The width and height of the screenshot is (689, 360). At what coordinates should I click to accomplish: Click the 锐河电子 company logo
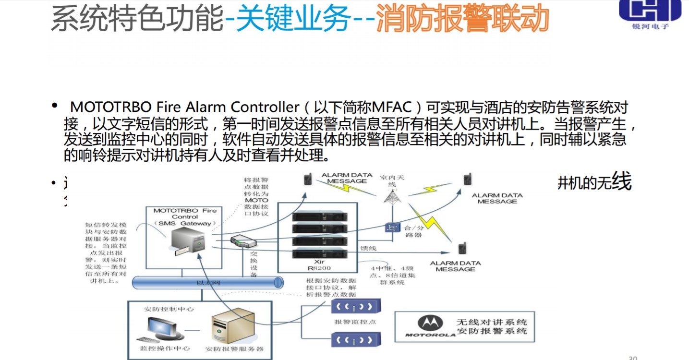coord(650,13)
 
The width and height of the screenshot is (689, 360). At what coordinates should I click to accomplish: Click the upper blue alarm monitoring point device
coord(355,306)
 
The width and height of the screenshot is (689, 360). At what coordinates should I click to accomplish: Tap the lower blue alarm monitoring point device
coord(355,340)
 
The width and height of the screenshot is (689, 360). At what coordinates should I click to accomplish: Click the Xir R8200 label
coord(320,264)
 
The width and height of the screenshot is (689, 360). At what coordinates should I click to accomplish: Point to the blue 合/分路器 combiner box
coord(393,228)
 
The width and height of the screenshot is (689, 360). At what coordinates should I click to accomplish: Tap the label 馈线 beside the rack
coord(369,248)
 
